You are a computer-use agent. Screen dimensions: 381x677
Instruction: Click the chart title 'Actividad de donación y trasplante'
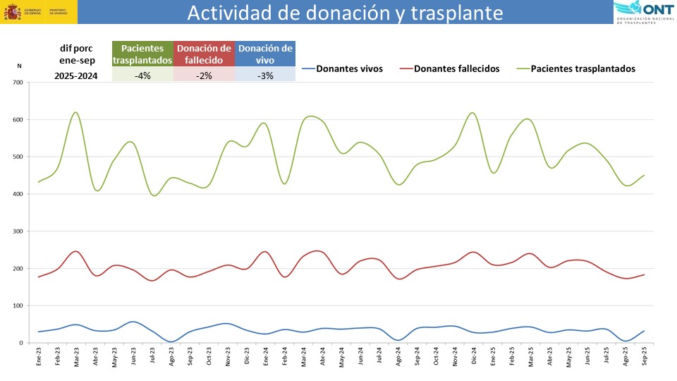(346, 13)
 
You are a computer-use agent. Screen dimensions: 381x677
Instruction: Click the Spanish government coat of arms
(11, 12)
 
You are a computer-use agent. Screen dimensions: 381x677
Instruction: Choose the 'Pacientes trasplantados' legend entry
(583, 68)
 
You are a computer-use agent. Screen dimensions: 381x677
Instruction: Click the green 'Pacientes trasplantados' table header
(142, 54)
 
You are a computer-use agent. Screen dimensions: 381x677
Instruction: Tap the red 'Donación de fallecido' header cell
(204, 54)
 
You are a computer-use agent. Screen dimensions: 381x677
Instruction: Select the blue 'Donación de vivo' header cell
(265, 54)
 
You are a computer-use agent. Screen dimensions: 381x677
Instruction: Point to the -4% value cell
(142, 75)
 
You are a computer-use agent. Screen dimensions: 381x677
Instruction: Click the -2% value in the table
(204, 75)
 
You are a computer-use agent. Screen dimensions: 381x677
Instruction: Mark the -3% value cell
(265, 75)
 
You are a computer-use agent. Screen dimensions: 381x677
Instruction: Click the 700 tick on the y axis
(17, 83)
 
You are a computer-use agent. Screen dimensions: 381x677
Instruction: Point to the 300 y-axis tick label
(17, 231)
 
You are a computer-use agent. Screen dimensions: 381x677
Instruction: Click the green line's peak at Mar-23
(75, 112)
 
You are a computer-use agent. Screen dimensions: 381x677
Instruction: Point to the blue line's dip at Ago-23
(171, 341)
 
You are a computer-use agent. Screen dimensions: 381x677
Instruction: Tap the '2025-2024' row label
(76, 75)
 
